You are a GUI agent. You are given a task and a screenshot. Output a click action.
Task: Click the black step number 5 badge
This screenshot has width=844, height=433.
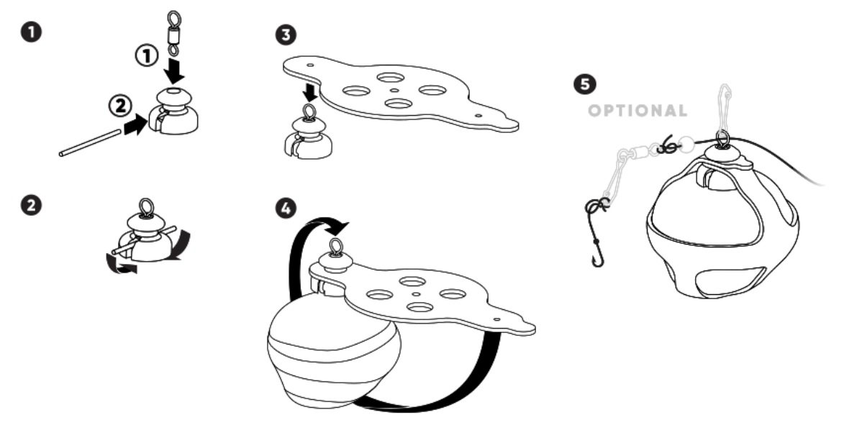click(588, 84)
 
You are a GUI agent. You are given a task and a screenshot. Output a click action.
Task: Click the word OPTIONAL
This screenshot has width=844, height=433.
click(637, 111)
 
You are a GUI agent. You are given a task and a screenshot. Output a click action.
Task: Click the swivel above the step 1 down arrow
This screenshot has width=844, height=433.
click(173, 33)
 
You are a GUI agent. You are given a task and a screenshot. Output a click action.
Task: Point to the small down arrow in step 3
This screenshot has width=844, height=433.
click(309, 92)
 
